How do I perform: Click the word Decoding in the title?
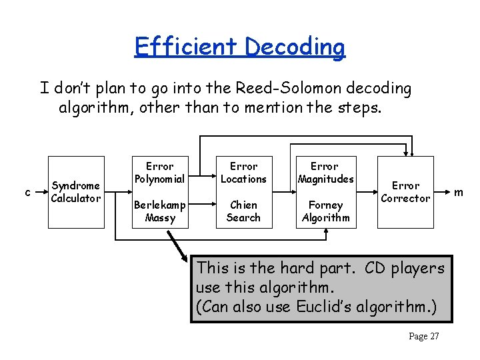tap(295, 47)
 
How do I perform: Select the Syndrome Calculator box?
tap(76, 192)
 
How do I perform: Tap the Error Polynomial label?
tap(159, 172)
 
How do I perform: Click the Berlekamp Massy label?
tap(159, 211)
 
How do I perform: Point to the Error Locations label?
tap(243, 172)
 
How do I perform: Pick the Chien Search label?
tap(243, 211)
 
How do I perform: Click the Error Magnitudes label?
tap(325, 172)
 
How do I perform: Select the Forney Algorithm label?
tap(325, 211)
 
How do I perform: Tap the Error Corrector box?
tap(405, 192)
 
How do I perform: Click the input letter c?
tap(27, 193)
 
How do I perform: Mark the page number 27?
tap(423, 336)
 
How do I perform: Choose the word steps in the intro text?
tap(357, 108)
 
